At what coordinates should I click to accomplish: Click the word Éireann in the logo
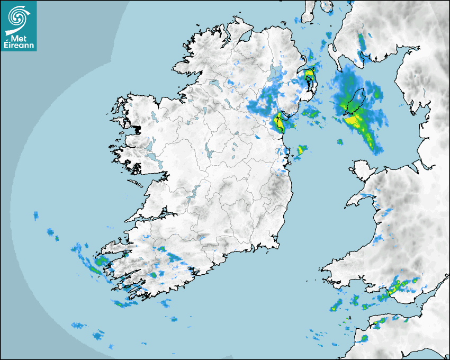coord(19,46)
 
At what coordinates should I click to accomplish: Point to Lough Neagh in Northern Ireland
coord(275,73)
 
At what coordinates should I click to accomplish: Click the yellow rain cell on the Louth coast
coord(279,123)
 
